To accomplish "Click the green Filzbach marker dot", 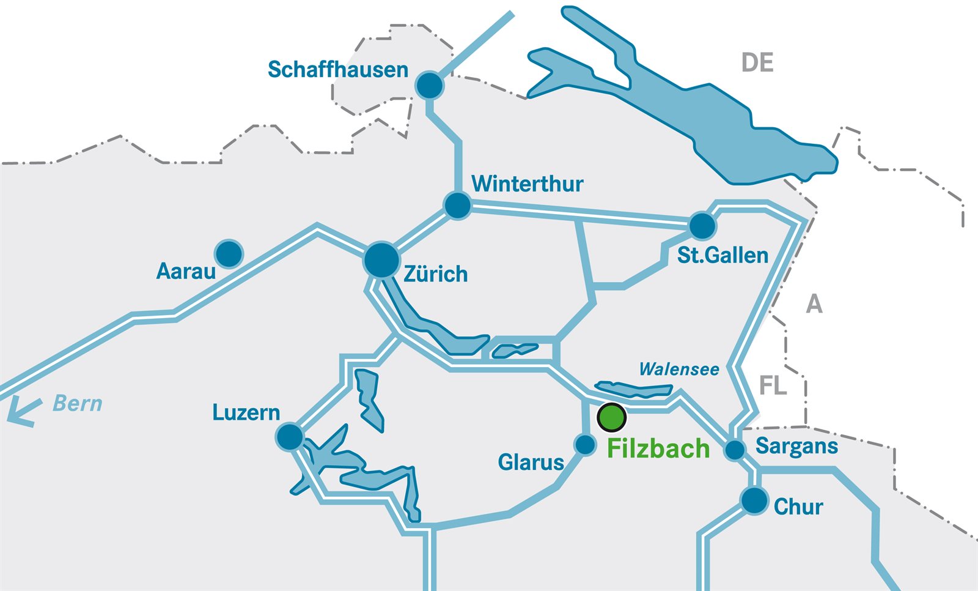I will click(611, 417).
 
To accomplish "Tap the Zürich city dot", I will click(381, 260).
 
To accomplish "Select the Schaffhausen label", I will click(338, 70).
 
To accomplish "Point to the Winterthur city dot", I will click(457, 205).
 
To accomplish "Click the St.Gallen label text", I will click(722, 255).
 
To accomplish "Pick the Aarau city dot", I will click(229, 253).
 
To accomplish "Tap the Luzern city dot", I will click(290, 437).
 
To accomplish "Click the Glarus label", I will click(531, 463).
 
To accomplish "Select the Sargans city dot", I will click(735, 450).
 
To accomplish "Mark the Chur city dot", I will click(754, 500).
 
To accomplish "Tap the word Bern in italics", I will click(78, 404).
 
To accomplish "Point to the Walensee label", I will click(679, 370).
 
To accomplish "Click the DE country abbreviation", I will click(757, 63).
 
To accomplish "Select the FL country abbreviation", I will click(773, 386).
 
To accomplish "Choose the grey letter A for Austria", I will click(814, 304).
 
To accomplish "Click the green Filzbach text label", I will click(658, 449).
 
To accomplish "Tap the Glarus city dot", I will click(585, 445).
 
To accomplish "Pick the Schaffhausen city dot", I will click(430, 85).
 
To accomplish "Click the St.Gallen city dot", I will click(702, 226).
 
